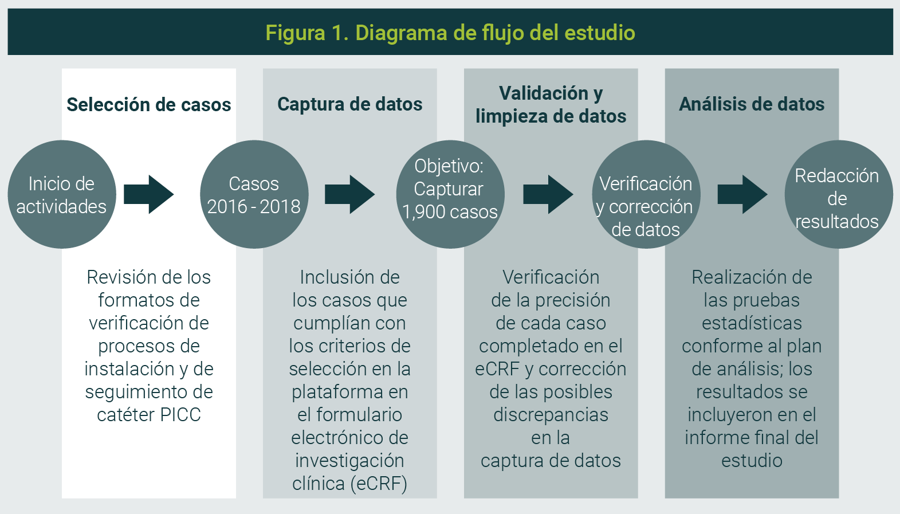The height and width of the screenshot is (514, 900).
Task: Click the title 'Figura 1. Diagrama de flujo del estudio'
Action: [450, 33]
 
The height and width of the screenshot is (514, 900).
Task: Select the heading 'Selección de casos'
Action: [149, 105]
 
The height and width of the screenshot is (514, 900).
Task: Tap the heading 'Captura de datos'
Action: [349, 104]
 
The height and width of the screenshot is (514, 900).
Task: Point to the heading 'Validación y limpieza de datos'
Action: [551, 105]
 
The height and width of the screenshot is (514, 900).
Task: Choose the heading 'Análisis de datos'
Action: [752, 104]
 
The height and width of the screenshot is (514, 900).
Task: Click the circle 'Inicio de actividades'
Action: [62, 195]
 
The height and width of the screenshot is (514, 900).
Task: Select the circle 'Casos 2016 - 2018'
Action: [254, 195]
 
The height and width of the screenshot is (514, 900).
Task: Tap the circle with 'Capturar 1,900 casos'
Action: [450, 195]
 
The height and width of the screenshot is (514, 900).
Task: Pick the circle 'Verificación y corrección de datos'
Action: [646, 195]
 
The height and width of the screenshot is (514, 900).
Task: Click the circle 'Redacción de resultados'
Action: [838, 195]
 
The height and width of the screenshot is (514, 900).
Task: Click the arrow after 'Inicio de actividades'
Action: [148, 195]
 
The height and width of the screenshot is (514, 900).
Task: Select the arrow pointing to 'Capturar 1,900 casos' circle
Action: [349, 195]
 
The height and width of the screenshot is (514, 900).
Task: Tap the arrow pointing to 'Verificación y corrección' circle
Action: [548, 195]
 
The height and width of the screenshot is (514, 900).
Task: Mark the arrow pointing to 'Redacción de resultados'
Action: [742, 195]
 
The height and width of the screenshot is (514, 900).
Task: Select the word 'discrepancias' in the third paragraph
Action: [551, 415]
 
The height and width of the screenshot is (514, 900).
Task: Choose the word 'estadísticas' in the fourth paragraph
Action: [752, 323]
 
